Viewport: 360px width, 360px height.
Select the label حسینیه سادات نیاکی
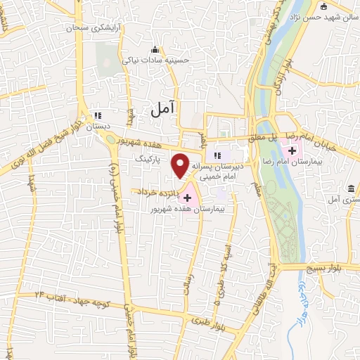[x=157, y=60]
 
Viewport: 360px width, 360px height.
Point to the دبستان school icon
[x=98, y=115]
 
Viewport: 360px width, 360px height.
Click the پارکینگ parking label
[x=148, y=160]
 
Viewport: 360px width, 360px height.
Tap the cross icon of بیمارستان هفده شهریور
[x=187, y=198]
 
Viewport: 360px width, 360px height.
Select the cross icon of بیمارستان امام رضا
[x=291, y=150]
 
